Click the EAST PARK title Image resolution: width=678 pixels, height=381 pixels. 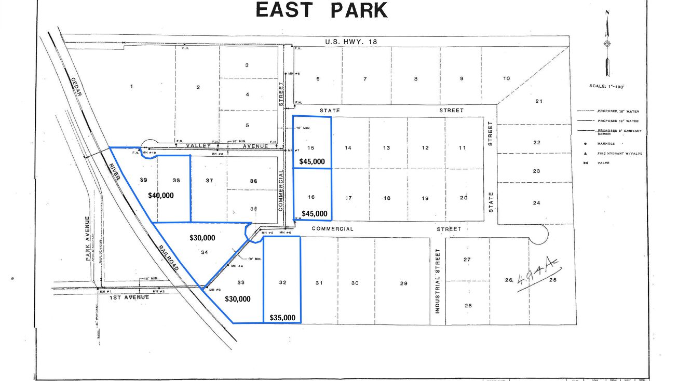pyautogui.click(x=321, y=10)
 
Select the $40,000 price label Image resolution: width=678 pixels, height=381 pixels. pyautogui.click(x=161, y=196)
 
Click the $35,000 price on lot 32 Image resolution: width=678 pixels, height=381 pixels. pyautogui.click(x=282, y=318)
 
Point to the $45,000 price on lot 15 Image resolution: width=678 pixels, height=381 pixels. pyautogui.click(x=312, y=161)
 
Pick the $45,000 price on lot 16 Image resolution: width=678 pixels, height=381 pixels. pyautogui.click(x=315, y=213)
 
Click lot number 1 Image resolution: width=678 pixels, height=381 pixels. pyautogui.click(x=132, y=86)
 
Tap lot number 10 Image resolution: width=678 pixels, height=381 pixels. pyautogui.click(x=506, y=78)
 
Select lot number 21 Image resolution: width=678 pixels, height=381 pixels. pyautogui.click(x=538, y=101)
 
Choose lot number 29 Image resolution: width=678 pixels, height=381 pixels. pyautogui.click(x=404, y=283)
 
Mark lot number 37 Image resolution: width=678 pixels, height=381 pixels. pyautogui.click(x=209, y=181)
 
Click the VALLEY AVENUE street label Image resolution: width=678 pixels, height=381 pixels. pyautogui.click(x=227, y=146)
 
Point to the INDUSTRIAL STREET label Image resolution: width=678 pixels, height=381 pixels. pyautogui.click(x=438, y=281)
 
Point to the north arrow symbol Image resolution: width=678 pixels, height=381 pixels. pyautogui.click(x=607, y=44)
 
